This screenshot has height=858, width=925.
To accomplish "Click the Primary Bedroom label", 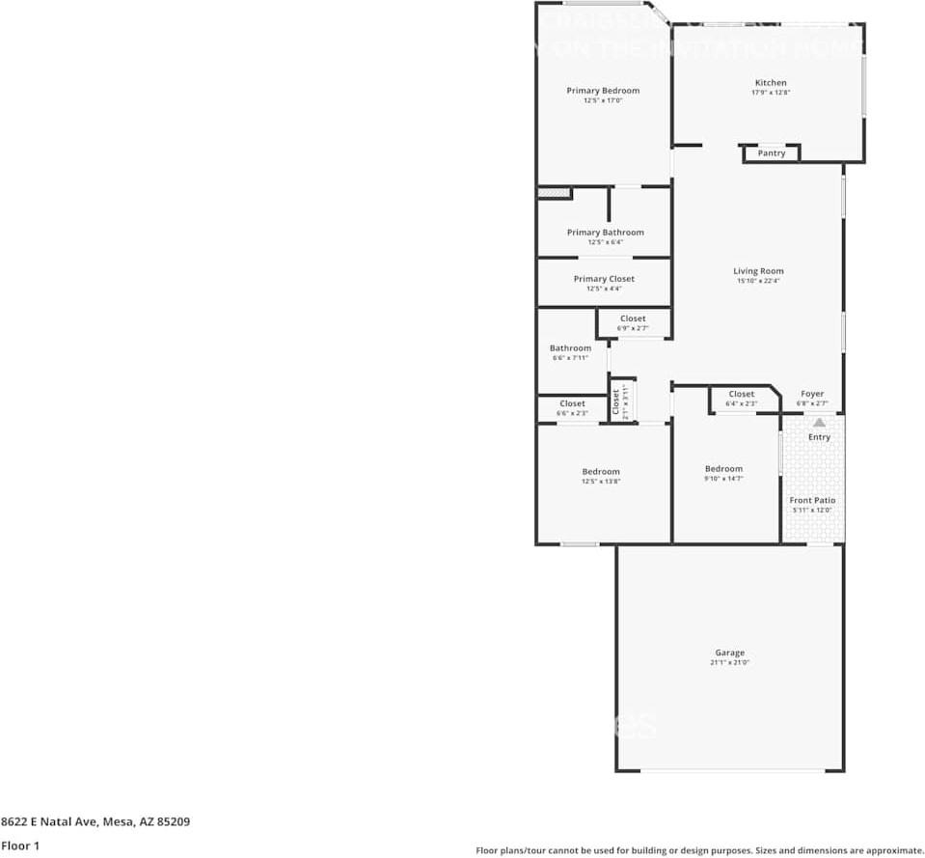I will click(603, 91).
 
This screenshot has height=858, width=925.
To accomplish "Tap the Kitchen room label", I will click(771, 83).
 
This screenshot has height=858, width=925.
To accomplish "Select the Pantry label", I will click(772, 153).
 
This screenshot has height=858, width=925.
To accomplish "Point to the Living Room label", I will click(758, 271).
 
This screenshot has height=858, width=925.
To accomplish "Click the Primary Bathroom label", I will click(605, 233).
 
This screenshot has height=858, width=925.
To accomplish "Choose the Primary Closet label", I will click(604, 279).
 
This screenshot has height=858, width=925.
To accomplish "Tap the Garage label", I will click(729, 652).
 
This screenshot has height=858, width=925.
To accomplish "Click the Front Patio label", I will click(812, 500).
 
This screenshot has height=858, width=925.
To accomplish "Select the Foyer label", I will click(812, 394).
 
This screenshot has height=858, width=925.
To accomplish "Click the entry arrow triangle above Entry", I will click(819, 422).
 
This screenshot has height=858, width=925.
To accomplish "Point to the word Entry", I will click(819, 437).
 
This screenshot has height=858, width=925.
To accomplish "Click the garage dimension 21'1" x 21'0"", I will click(729, 663).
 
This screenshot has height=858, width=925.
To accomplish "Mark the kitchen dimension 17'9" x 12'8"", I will click(771, 93).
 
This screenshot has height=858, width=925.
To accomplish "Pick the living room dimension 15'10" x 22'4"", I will click(758, 281).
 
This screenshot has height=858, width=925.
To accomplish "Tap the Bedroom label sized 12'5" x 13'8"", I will click(601, 471).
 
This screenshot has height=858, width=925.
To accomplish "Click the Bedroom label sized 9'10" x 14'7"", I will click(723, 469).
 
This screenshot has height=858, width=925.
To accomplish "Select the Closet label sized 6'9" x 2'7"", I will click(633, 318).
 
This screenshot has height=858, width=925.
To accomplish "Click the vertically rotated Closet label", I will click(616, 401).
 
